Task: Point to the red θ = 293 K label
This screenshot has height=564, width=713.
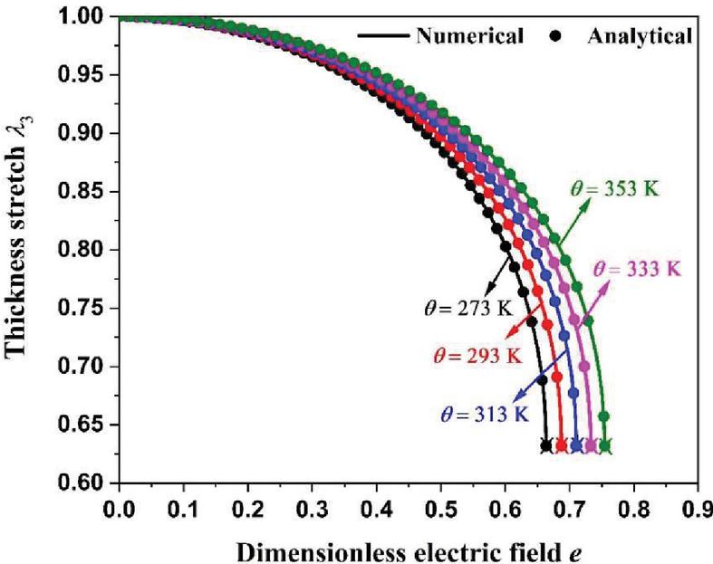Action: tap(477, 354)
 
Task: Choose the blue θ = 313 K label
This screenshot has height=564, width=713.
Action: tap(485, 414)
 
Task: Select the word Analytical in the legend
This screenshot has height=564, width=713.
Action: tap(640, 36)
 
